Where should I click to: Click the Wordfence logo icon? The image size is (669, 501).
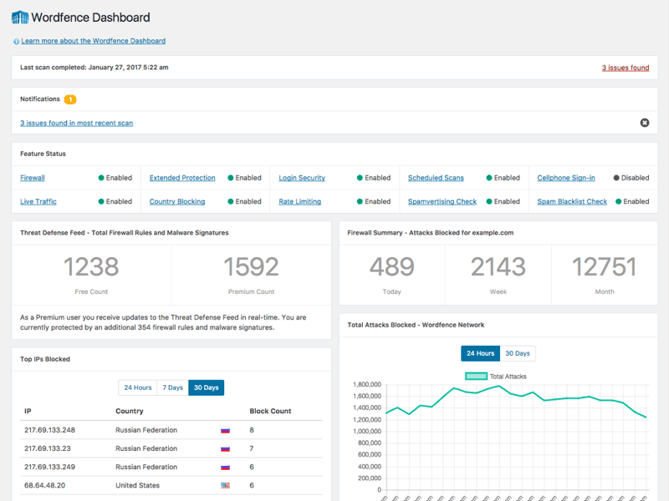click(20, 17)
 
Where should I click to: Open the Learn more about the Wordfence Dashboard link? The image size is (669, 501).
click(93, 41)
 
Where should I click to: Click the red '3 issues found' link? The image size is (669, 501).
click(625, 68)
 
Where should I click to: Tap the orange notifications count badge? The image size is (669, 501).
click(70, 99)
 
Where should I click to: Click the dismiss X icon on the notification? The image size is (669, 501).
click(644, 123)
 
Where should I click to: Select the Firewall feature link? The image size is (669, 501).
click(33, 178)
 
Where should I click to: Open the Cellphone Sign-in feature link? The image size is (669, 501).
click(566, 178)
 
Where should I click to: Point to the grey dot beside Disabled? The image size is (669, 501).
click(616, 178)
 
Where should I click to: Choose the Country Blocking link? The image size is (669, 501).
click(176, 201)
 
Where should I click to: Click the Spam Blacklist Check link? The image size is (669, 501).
click(572, 201)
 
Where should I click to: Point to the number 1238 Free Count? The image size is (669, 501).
click(91, 266)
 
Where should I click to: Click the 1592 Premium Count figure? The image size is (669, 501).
click(251, 266)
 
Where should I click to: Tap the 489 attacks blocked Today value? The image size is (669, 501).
click(391, 266)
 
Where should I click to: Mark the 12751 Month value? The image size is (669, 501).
click(604, 266)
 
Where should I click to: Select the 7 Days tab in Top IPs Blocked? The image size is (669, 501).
click(173, 387)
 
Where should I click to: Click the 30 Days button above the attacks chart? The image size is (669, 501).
click(518, 353)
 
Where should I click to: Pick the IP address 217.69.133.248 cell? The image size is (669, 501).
click(50, 430)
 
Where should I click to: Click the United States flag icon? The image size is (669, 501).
click(225, 485)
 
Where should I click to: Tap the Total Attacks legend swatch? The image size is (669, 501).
click(476, 377)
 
